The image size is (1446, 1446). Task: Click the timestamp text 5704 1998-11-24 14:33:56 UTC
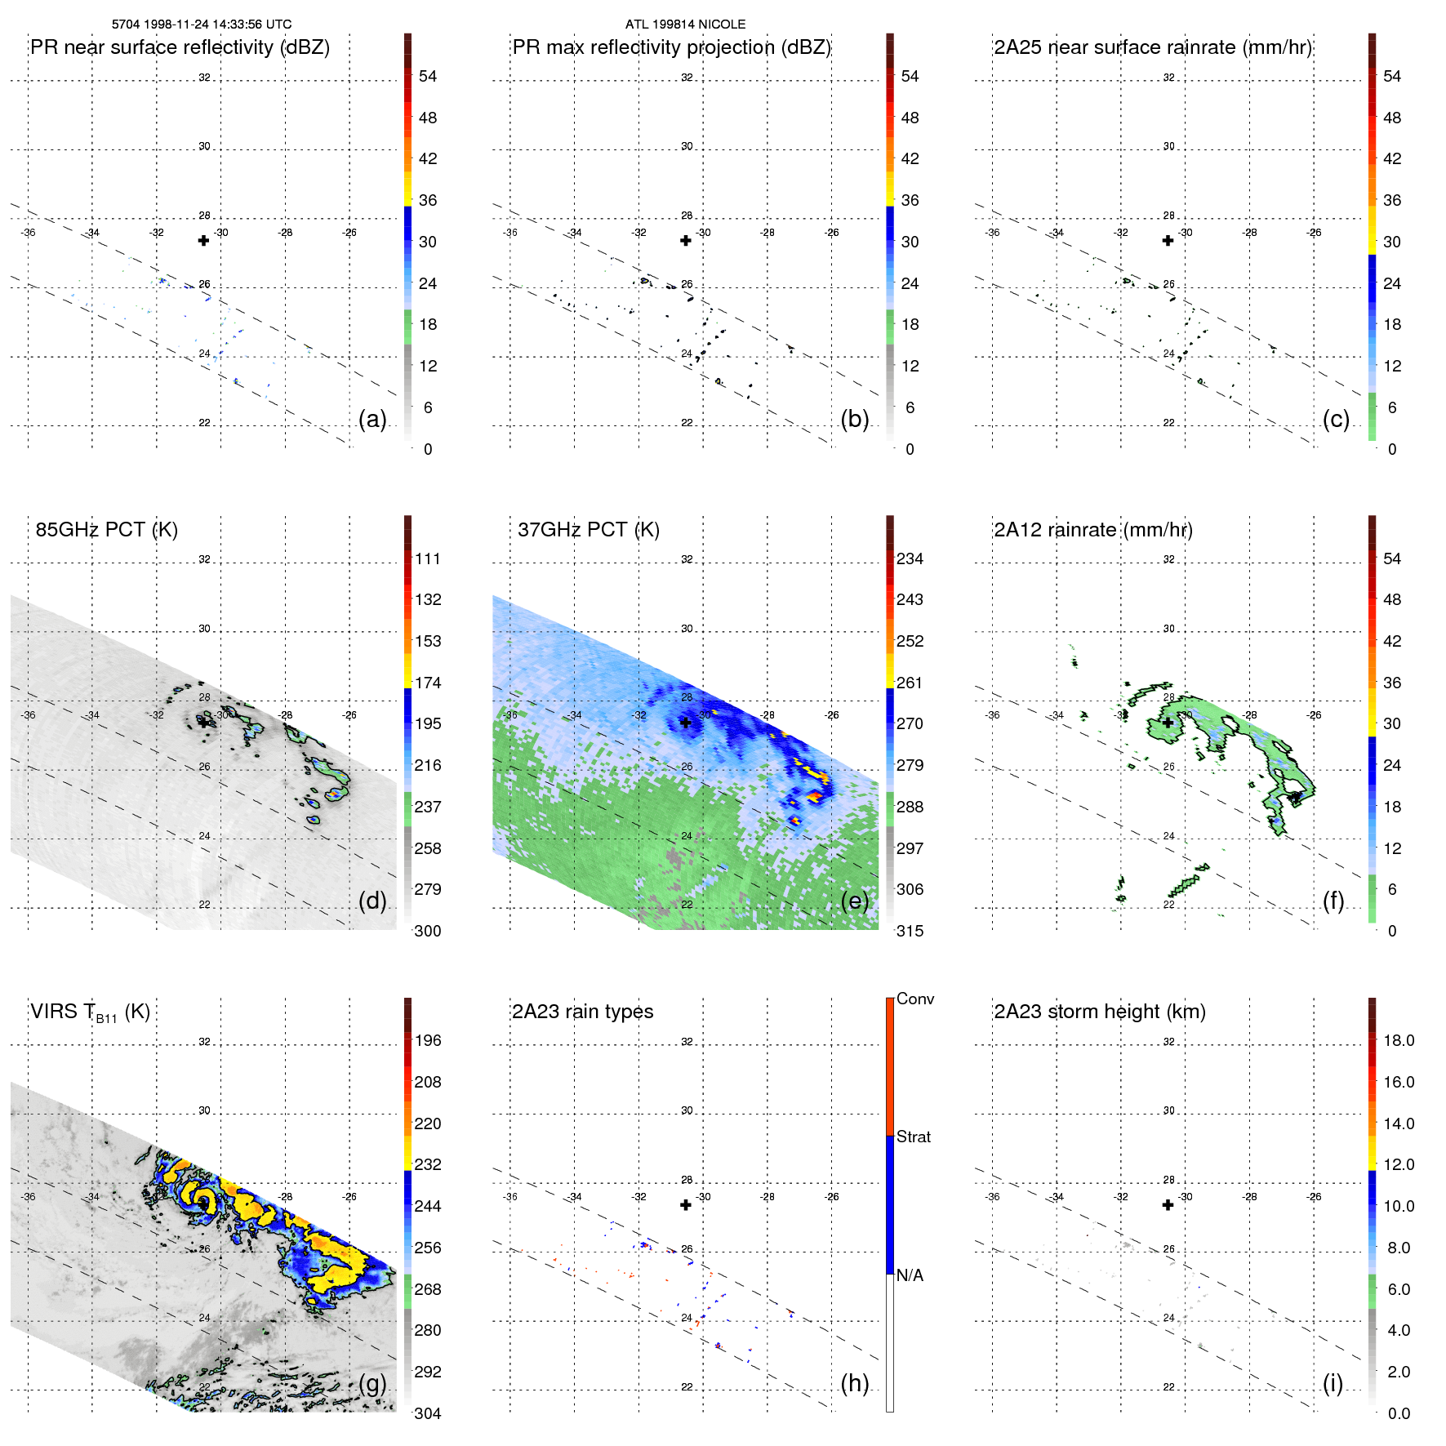[x=202, y=24]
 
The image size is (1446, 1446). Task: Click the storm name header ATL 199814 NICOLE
[x=685, y=24]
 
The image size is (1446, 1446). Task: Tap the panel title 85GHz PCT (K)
[x=107, y=530]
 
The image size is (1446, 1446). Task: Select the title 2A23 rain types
[x=582, y=1012]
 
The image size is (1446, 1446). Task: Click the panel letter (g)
[x=372, y=1383]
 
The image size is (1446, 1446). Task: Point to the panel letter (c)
[x=1336, y=419]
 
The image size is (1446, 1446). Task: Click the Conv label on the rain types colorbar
[x=915, y=999]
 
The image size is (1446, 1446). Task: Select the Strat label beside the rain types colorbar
[x=914, y=1137]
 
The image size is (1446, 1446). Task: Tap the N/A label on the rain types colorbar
[x=910, y=1275]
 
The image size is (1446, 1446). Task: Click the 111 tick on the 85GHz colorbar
[x=428, y=558]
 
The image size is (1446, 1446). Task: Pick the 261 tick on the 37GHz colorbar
[x=910, y=683]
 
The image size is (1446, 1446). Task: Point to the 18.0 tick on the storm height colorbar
[x=1399, y=1040]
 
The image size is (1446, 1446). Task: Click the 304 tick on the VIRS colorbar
[x=428, y=1413]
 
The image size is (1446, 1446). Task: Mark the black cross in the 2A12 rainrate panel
[x=1168, y=723]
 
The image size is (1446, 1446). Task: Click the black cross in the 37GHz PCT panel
[x=686, y=723]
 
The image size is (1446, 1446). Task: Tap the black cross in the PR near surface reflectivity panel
[x=203, y=241]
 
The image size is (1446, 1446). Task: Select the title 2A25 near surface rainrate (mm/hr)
[x=1153, y=47]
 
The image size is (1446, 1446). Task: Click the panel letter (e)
[x=855, y=901]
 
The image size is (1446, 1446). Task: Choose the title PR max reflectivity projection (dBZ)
[x=671, y=47]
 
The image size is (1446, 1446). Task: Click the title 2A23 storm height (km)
[x=1100, y=1012]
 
